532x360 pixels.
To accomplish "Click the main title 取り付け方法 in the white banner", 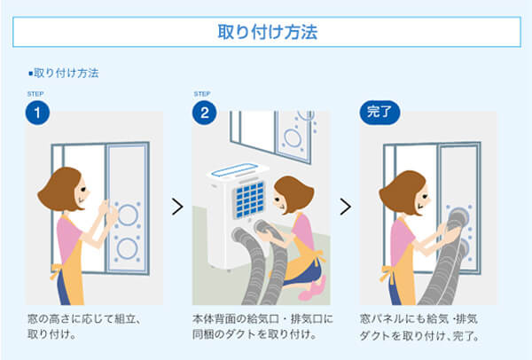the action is click(268, 32).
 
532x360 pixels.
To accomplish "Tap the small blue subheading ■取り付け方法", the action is click(64, 73).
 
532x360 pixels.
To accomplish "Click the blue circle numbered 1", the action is click(37, 113).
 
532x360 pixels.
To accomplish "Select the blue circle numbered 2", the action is click(204, 113).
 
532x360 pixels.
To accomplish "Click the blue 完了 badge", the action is click(379, 113).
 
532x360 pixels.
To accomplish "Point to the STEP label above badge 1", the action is click(35, 94).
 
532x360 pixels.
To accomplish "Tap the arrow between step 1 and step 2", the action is click(177, 207).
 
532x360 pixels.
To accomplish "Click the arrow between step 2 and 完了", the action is click(345, 207).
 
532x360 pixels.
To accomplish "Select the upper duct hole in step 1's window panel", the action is click(128, 215).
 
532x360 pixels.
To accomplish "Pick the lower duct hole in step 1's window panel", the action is click(127, 248).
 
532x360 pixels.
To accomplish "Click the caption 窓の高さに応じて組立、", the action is click(84, 319).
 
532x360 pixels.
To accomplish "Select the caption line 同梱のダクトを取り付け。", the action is click(254, 334).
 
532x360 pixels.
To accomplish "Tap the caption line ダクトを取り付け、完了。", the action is click(419, 336).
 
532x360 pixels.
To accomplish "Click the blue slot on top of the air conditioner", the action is click(234, 169).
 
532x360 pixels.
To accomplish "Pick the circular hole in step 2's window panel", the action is click(293, 138).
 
